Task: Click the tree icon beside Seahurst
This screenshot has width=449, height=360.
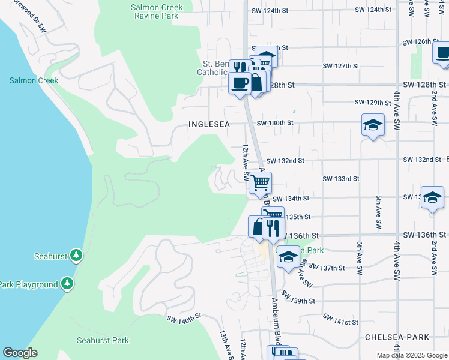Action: click(76, 256)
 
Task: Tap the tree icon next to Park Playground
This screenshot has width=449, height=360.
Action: click(68, 283)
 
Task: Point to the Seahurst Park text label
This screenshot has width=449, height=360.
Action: click(103, 340)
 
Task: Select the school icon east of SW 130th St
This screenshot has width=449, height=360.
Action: click(373, 125)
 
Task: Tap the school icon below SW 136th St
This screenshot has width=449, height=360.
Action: click(288, 256)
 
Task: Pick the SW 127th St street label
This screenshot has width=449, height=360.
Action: click(340, 66)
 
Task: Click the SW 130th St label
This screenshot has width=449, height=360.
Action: click(274, 123)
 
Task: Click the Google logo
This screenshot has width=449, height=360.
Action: click(20, 353)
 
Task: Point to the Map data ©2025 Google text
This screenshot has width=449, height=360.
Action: click(411, 355)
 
